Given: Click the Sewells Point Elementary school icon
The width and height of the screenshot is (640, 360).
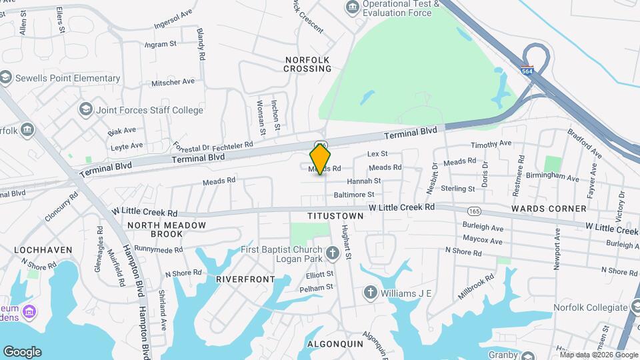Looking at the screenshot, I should pos(7,79).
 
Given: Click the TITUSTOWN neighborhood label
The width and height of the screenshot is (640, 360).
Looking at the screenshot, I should pos(335,217).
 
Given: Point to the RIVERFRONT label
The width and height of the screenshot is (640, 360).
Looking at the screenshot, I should pos(245,279).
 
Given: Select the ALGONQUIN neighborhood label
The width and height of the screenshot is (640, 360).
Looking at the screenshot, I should pos(335,344).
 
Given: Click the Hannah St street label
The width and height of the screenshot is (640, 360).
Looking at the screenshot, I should pos(363,181).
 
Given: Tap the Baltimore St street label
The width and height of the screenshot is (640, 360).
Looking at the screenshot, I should pos(354,195).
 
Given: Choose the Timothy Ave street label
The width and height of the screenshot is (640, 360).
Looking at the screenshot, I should pos(491,143).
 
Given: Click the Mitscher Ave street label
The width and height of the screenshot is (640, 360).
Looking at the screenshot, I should pos(173,82).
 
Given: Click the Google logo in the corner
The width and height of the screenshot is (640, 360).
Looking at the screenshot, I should pos(22,351).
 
